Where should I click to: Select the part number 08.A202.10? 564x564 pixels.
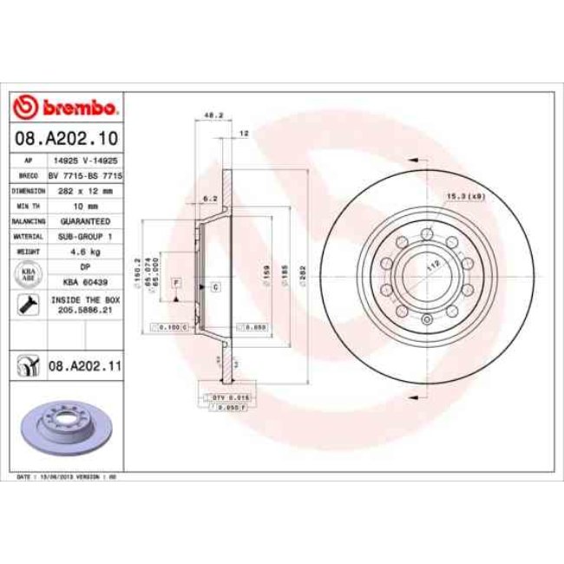(x=67, y=138)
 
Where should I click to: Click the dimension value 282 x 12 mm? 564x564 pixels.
(x=85, y=190)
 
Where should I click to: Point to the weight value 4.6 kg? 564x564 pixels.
(x=85, y=252)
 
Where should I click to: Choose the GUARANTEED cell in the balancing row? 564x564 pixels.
(x=85, y=221)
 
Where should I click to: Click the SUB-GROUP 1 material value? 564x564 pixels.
(x=85, y=236)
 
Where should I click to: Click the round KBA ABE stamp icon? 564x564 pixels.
(x=28, y=275)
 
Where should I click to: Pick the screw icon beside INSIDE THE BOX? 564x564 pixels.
(x=28, y=305)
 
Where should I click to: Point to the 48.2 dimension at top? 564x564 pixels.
(x=208, y=115)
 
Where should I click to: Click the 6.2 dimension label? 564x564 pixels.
(x=208, y=199)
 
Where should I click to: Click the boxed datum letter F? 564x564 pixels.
(x=175, y=283)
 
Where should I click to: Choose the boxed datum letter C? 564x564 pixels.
(x=213, y=286)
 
